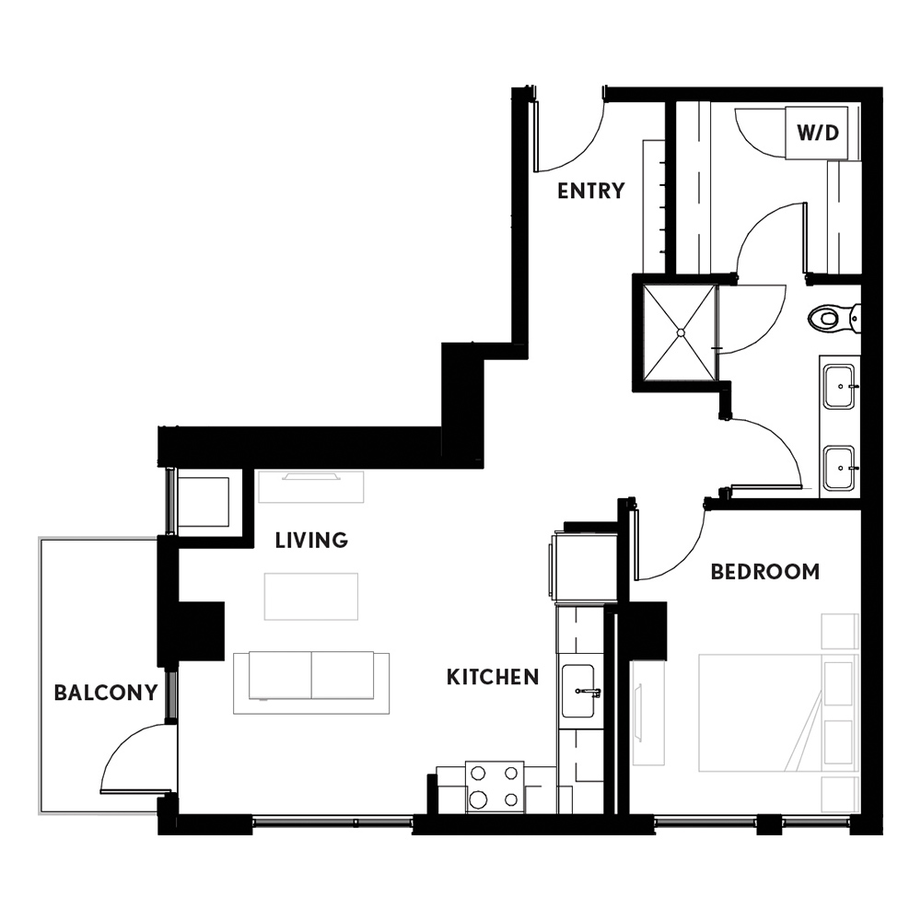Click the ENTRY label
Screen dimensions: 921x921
(x=591, y=191)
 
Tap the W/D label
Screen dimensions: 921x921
(x=818, y=133)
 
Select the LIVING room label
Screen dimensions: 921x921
(x=311, y=540)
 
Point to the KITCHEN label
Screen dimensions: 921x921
(x=493, y=677)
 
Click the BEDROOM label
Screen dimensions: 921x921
(x=765, y=572)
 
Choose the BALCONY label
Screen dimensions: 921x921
(x=106, y=693)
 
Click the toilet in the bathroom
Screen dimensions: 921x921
(x=834, y=319)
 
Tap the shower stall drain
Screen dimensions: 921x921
(x=682, y=333)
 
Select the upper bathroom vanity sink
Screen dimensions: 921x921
(x=839, y=387)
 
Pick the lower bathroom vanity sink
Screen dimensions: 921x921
(x=839, y=468)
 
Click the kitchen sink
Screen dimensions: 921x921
(x=578, y=692)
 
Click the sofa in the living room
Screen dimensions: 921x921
(x=311, y=682)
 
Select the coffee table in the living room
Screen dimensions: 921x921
(x=311, y=596)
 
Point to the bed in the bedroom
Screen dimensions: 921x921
(x=779, y=712)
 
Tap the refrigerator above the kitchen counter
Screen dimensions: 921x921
(x=585, y=566)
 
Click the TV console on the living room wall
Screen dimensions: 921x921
(x=311, y=486)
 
